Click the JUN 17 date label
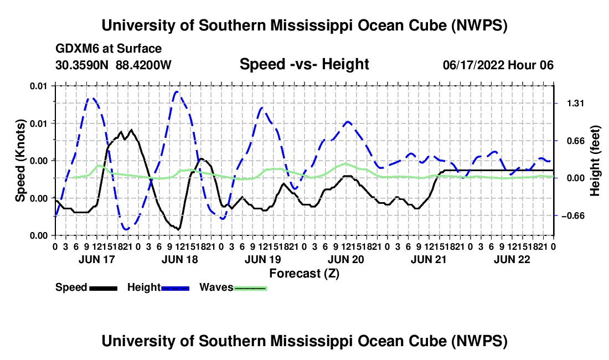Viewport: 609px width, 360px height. click(x=97, y=259)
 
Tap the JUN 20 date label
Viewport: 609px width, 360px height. click(x=345, y=259)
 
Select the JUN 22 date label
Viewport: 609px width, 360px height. click(x=512, y=259)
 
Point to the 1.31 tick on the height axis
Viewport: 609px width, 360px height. click(x=576, y=104)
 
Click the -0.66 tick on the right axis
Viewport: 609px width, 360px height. click(x=573, y=216)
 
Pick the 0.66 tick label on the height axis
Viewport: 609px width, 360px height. click(x=576, y=141)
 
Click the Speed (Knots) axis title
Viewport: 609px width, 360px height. click(x=20, y=161)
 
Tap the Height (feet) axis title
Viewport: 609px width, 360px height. click(x=595, y=161)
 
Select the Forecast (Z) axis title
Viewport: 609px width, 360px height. click(x=304, y=274)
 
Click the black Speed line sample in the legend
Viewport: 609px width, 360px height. click(x=104, y=288)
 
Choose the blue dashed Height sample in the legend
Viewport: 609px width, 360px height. click(x=175, y=288)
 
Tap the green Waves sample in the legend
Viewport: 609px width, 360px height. click(x=250, y=288)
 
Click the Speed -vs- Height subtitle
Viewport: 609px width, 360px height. click(x=304, y=64)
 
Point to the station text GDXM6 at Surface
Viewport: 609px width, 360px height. click(x=109, y=49)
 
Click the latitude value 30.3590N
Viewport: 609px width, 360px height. click(x=81, y=65)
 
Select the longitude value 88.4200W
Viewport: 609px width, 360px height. click(x=143, y=65)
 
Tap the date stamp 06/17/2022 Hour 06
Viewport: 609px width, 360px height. click(x=498, y=65)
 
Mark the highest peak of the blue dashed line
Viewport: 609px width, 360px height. click(x=176, y=91)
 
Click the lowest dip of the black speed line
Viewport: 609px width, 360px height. click(x=178, y=229)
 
